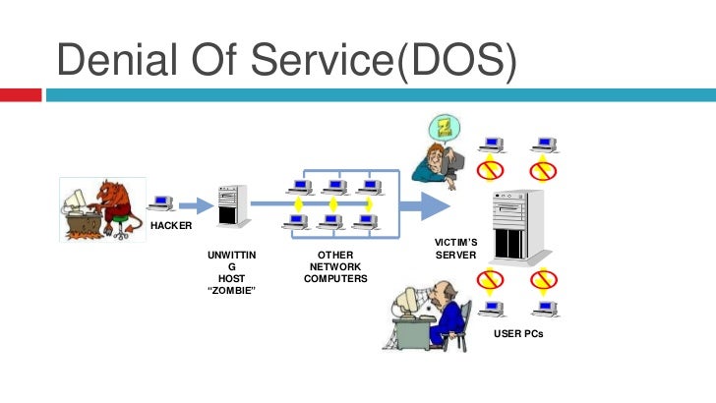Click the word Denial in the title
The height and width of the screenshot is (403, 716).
pyautogui.click(x=117, y=59)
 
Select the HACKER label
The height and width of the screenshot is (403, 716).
pyautogui.click(x=171, y=225)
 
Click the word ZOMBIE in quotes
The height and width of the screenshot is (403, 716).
pyautogui.click(x=231, y=290)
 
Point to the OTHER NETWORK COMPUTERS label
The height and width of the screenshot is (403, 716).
pyautogui.click(x=335, y=266)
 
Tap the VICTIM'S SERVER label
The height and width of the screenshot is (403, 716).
pyautogui.click(x=455, y=249)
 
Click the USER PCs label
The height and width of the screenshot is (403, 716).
pyautogui.click(x=518, y=333)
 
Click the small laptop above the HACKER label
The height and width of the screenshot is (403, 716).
pyautogui.click(x=161, y=203)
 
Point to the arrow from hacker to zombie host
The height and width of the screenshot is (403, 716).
pyautogui.click(x=197, y=205)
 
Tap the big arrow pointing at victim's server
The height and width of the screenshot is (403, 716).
pyautogui.click(x=425, y=206)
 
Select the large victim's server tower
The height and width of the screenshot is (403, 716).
pyautogui.click(x=520, y=227)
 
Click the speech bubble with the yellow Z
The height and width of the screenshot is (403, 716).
pyautogui.click(x=445, y=128)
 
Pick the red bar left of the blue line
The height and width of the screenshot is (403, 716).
pyautogui.click(x=21, y=95)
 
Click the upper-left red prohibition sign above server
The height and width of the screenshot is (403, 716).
pyautogui.click(x=490, y=171)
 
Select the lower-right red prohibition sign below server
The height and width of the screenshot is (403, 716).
pyautogui.click(x=543, y=279)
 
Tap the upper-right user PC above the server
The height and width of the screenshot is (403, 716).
pyautogui.click(x=544, y=145)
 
